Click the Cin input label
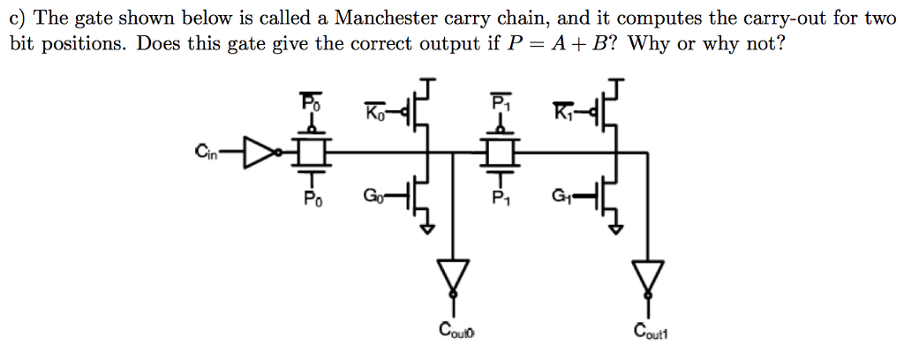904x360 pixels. tap(209, 151)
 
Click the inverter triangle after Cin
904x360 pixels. tap(257, 152)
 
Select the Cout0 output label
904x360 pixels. tap(456, 331)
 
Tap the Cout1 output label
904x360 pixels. tap(652, 331)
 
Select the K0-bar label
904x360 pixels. tap(375, 113)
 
